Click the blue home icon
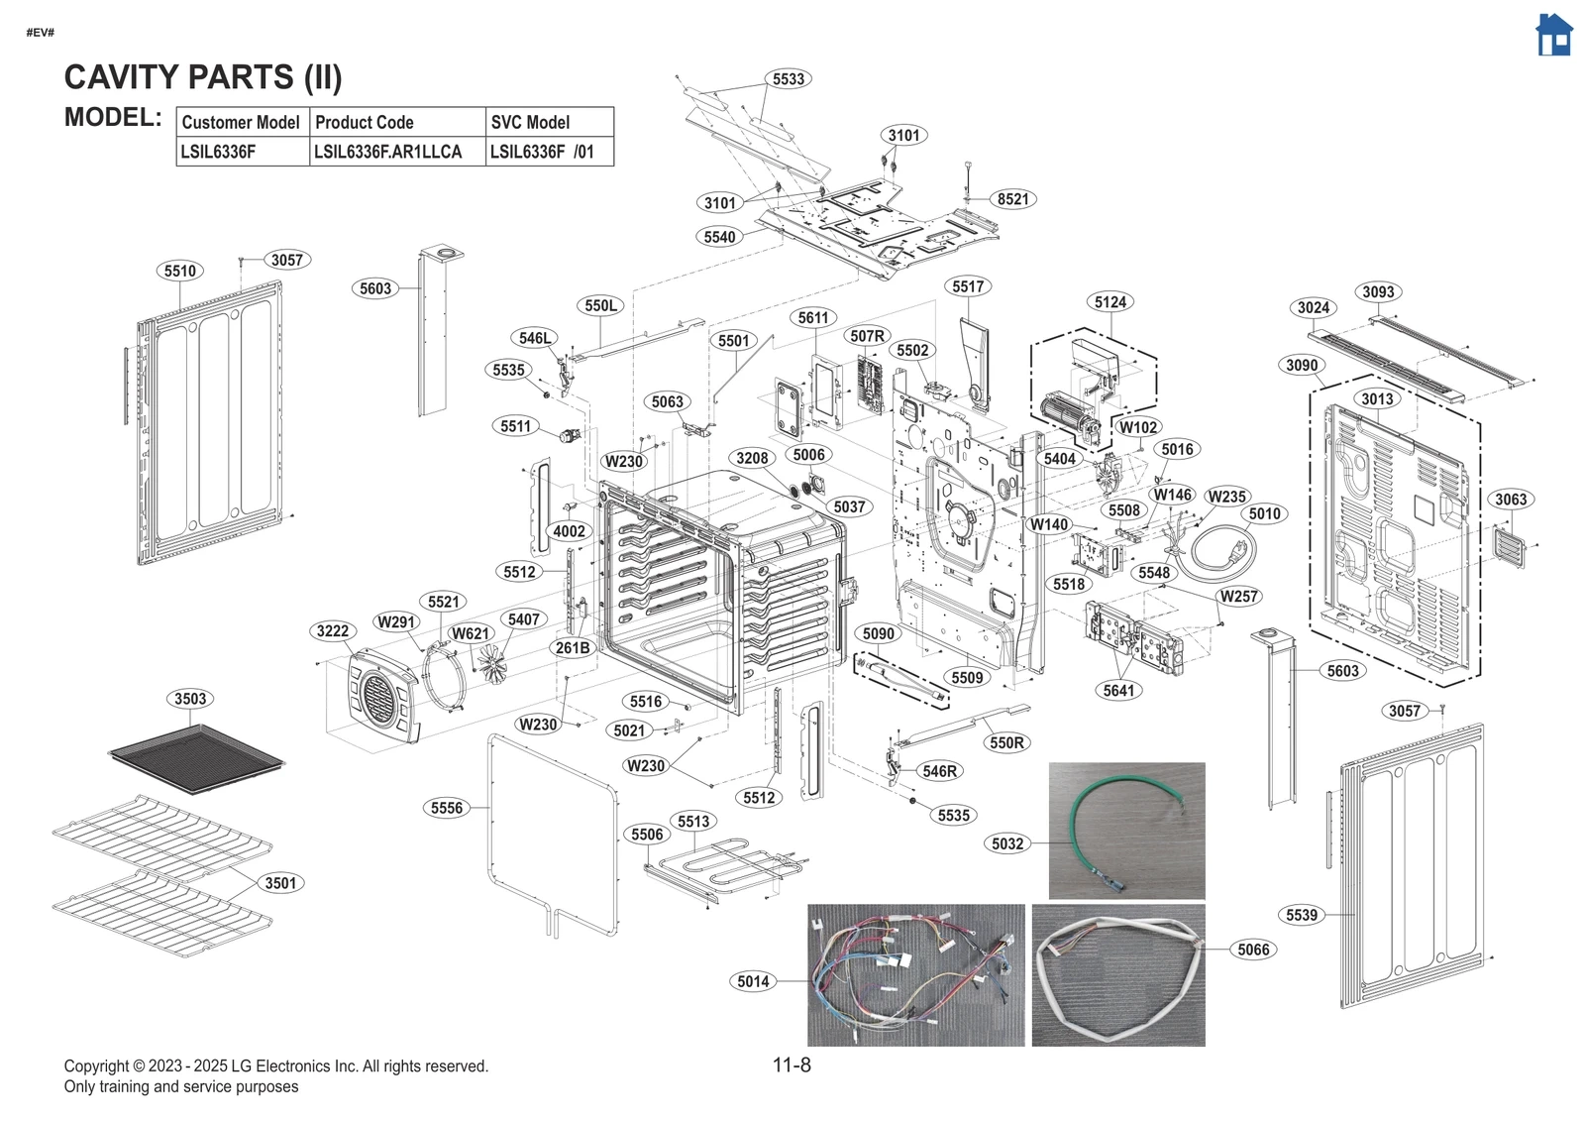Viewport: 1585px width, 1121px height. (1553, 36)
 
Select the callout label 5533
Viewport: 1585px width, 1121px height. (789, 79)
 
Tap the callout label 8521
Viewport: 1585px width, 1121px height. (1012, 199)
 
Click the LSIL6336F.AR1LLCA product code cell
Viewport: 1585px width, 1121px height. (388, 152)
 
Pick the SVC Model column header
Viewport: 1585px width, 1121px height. (531, 123)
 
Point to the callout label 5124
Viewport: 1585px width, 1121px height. (1109, 302)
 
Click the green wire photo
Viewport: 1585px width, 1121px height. (1126, 831)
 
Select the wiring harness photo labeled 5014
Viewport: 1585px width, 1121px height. (915, 975)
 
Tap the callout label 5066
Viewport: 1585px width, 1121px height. (1253, 950)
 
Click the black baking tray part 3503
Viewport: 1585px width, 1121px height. (196, 757)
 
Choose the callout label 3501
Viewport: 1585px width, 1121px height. (280, 883)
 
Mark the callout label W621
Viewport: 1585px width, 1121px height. (471, 633)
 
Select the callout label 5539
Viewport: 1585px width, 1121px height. (1302, 915)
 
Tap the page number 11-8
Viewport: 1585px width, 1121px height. (792, 1065)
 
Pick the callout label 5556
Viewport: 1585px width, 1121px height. (447, 808)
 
